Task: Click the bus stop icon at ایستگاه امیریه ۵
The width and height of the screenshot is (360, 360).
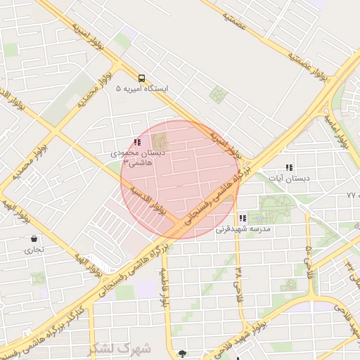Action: tap(141, 78)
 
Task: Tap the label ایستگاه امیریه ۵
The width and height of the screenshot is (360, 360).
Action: tap(141, 89)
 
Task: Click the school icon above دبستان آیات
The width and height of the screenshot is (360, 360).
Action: tap(288, 168)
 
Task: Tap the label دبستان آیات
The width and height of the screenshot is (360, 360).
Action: tap(289, 179)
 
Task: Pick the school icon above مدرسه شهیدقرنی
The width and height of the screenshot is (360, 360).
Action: tap(243, 219)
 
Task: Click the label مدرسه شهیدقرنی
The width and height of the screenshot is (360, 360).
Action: tap(243, 229)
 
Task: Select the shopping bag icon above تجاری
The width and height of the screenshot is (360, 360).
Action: tap(34, 238)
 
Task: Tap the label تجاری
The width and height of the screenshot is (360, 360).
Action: tap(34, 249)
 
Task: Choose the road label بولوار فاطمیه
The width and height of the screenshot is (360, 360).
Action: tap(167, 288)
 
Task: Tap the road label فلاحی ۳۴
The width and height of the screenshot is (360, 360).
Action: tap(239, 278)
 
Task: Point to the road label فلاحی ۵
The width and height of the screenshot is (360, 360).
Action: tap(309, 259)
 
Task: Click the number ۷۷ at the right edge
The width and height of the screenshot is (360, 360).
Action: tap(352, 194)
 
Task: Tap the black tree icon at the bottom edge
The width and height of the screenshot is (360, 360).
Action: tap(184, 354)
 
